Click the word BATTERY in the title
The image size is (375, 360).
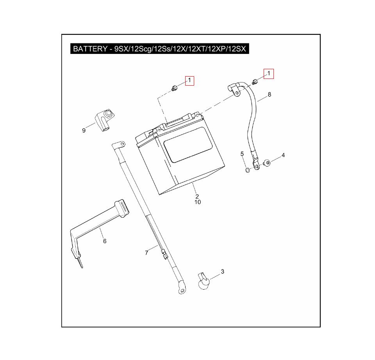click(x=90, y=49)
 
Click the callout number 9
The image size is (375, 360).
click(x=84, y=131)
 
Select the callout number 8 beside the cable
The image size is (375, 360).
click(x=269, y=95)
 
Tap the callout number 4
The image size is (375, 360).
click(x=283, y=155)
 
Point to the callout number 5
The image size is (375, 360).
click(x=242, y=154)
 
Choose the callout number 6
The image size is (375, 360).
click(x=105, y=241)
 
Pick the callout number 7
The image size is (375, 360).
click(x=146, y=253)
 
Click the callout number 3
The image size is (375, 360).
click(x=222, y=271)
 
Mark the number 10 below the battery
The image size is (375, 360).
click(x=197, y=202)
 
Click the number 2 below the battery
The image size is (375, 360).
click(x=197, y=196)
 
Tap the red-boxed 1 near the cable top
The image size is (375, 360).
click(x=268, y=73)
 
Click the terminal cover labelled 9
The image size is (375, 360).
click(x=104, y=120)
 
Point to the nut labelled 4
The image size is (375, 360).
click(x=267, y=162)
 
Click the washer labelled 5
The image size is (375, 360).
click(x=247, y=170)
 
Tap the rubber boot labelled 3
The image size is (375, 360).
click(x=203, y=281)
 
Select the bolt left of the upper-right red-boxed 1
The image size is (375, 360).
click(x=255, y=82)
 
